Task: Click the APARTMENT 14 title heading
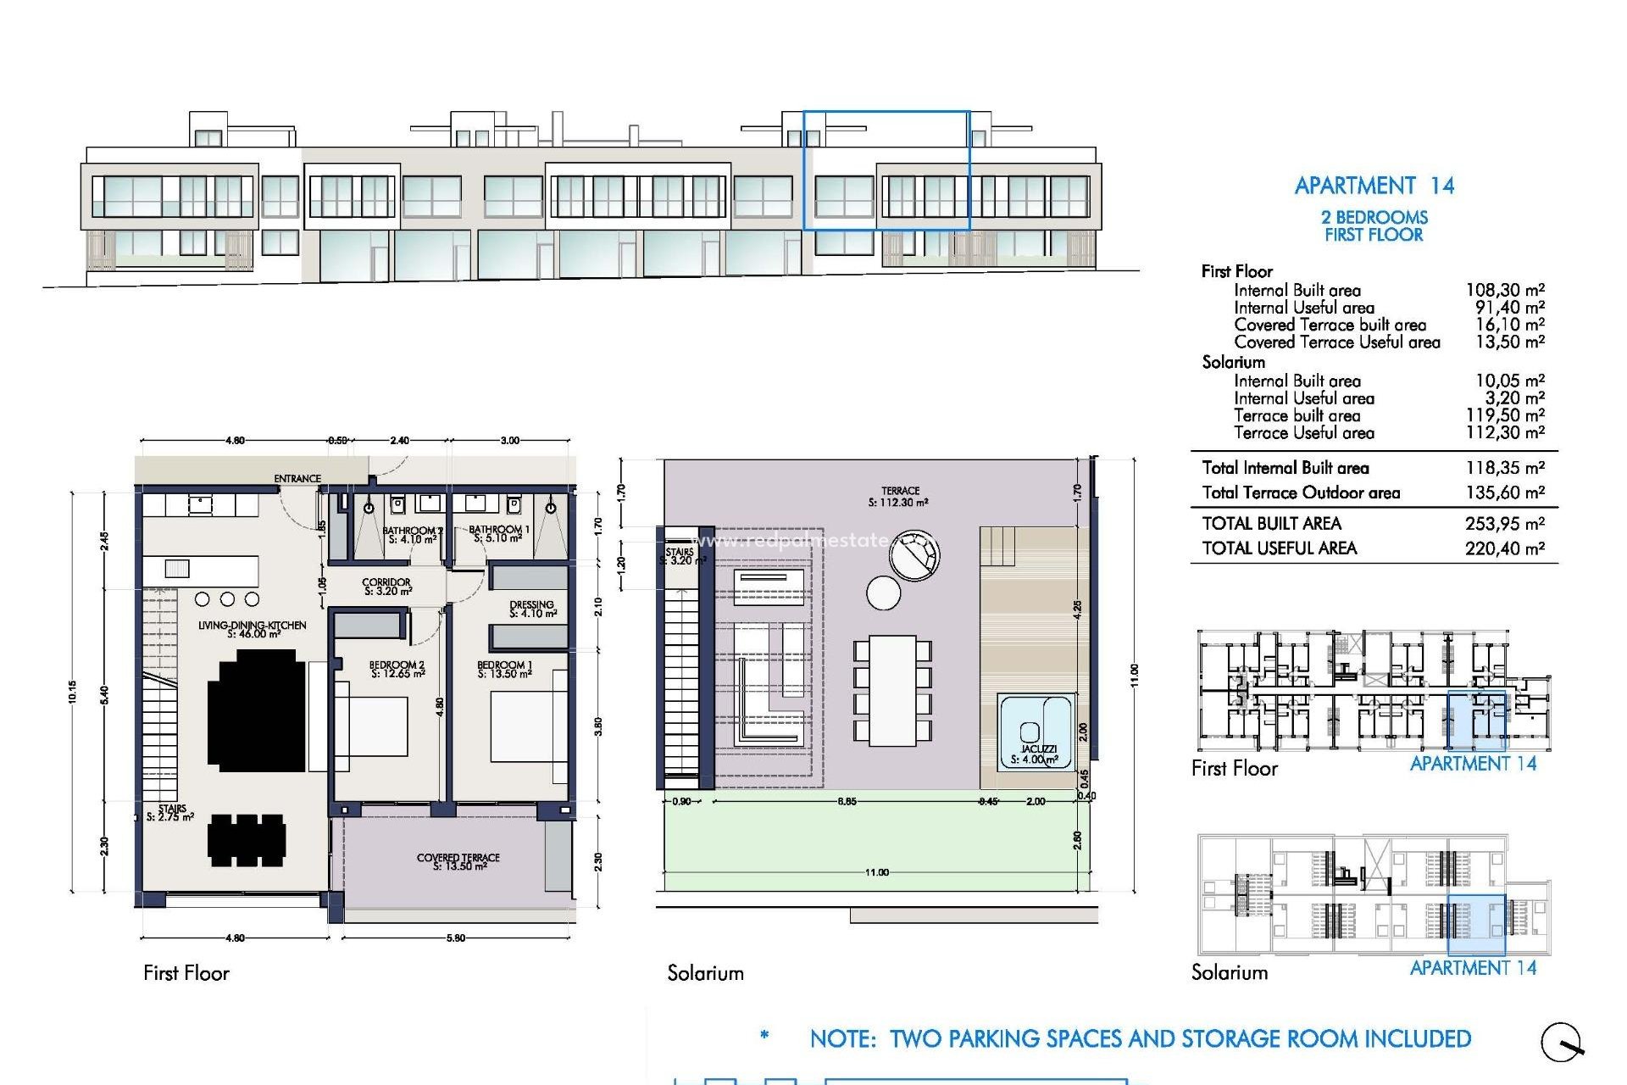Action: (1374, 186)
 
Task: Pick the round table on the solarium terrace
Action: (883, 593)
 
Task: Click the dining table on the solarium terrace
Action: (892, 691)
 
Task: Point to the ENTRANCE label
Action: (297, 479)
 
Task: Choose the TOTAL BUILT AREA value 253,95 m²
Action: (1504, 524)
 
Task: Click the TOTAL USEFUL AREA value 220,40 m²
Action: (1504, 548)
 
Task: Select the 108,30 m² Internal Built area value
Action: (1505, 290)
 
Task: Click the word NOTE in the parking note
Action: (842, 1039)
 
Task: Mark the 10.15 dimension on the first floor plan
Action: (74, 692)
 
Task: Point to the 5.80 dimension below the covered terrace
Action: (455, 938)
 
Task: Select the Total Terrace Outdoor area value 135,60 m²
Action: (1504, 492)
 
